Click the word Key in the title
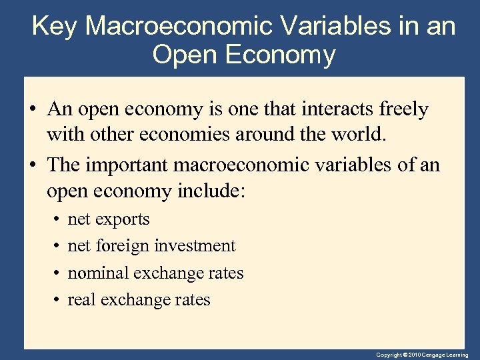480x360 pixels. [55, 27]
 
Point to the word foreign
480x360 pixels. [123, 246]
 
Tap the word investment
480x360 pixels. [195, 246]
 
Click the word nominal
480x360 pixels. [98, 273]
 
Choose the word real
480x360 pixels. [81, 300]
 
